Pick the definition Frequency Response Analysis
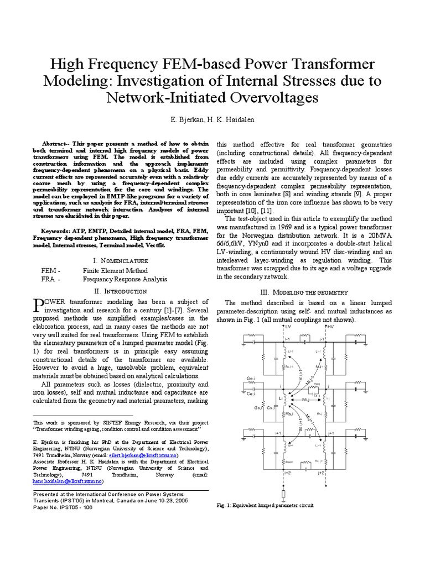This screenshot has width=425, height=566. click(125, 280)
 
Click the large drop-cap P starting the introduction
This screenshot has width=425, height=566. click(39, 305)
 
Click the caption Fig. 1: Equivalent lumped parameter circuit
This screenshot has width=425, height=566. click(264, 506)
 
